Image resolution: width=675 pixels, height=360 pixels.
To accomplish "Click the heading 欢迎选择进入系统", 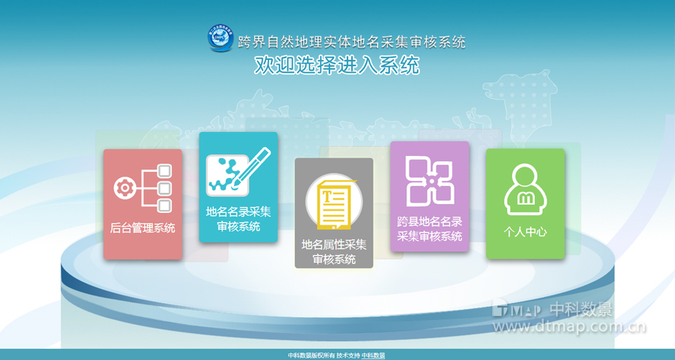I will coord(337,66).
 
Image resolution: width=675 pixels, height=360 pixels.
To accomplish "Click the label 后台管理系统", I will coord(142,227).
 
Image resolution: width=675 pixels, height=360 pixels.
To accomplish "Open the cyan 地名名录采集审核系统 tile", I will coord(238,187).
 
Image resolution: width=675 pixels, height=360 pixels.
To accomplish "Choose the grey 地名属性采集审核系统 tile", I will coord(334,212).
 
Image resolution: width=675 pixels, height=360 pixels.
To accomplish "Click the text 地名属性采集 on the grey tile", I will coord(334,244).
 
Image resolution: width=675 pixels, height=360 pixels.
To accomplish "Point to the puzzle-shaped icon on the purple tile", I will coord(430,181).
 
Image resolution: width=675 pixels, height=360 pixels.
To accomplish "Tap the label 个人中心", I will coord(525,232).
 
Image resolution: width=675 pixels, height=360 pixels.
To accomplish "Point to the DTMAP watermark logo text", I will coord(517,309).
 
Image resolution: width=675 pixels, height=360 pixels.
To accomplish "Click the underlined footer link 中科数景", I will coord(373,355).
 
